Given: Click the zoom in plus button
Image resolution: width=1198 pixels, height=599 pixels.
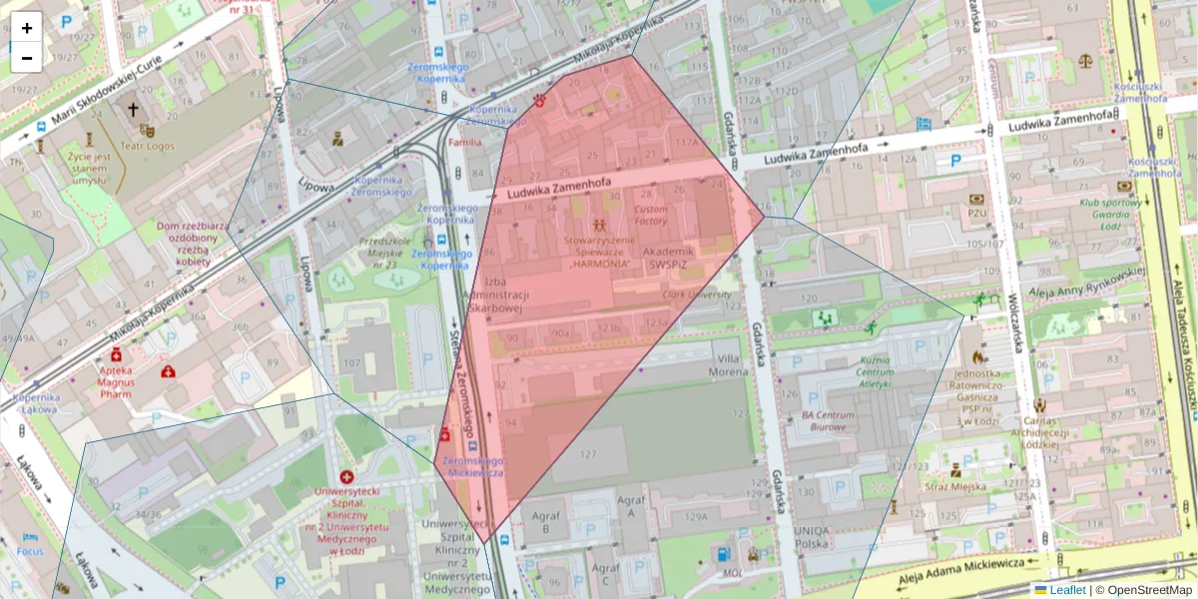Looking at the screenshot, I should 27,28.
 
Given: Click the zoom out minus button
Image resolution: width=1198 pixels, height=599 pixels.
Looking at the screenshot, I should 27,58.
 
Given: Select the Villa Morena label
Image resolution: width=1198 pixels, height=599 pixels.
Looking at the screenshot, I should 728,364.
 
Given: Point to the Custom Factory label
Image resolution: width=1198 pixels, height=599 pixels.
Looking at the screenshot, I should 651,215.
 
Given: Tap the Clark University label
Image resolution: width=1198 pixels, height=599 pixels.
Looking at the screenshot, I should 697,296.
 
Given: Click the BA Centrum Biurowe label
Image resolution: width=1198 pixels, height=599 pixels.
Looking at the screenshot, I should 827,420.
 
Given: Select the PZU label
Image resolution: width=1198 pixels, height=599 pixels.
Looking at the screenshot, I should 976,213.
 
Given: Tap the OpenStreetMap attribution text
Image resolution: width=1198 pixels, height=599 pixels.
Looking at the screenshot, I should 1148,590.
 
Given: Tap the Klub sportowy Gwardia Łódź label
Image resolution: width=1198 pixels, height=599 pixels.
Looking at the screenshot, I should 1110,215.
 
